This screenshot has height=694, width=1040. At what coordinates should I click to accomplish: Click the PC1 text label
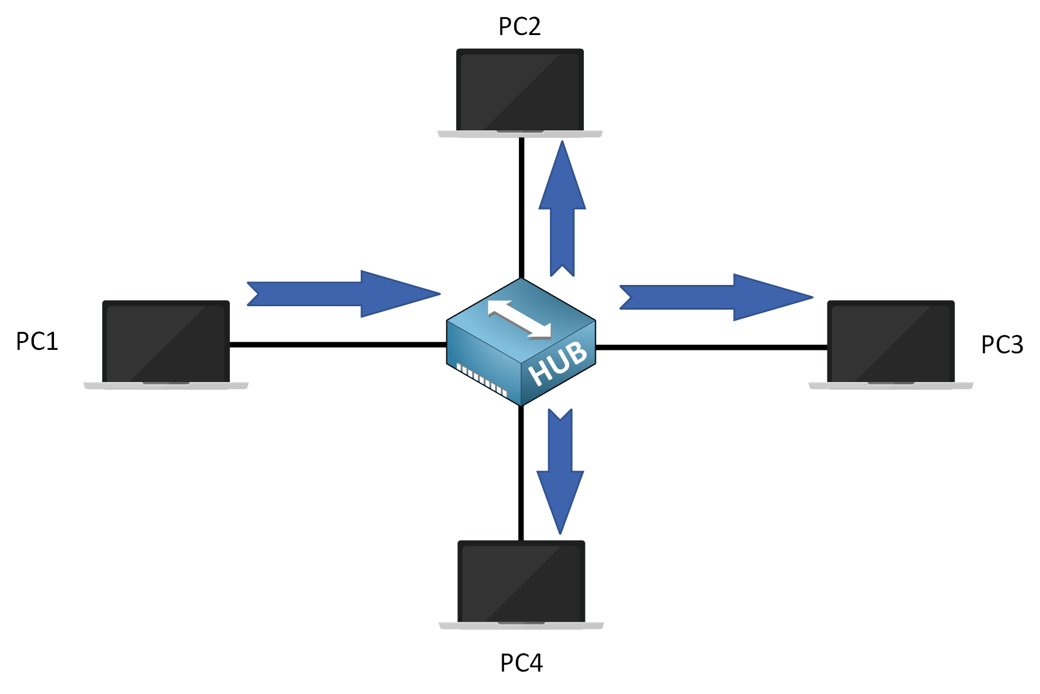[37, 342]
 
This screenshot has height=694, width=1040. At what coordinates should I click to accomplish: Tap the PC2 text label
[519, 27]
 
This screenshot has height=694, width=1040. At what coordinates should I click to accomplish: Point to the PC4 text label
[521, 664]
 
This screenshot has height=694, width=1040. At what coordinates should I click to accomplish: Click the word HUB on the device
[558, 364]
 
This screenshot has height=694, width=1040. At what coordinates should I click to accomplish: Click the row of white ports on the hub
[482, 380]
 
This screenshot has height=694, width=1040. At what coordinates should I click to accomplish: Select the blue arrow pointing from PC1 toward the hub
[345, 294]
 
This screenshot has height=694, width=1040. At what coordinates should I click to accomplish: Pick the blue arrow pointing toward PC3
[718, 297]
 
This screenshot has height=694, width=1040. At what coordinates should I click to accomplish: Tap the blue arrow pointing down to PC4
[560, 471]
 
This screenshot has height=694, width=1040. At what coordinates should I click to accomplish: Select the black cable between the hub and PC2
[521, 207]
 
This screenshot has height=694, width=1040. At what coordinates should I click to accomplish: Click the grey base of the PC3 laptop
[891, 385]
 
